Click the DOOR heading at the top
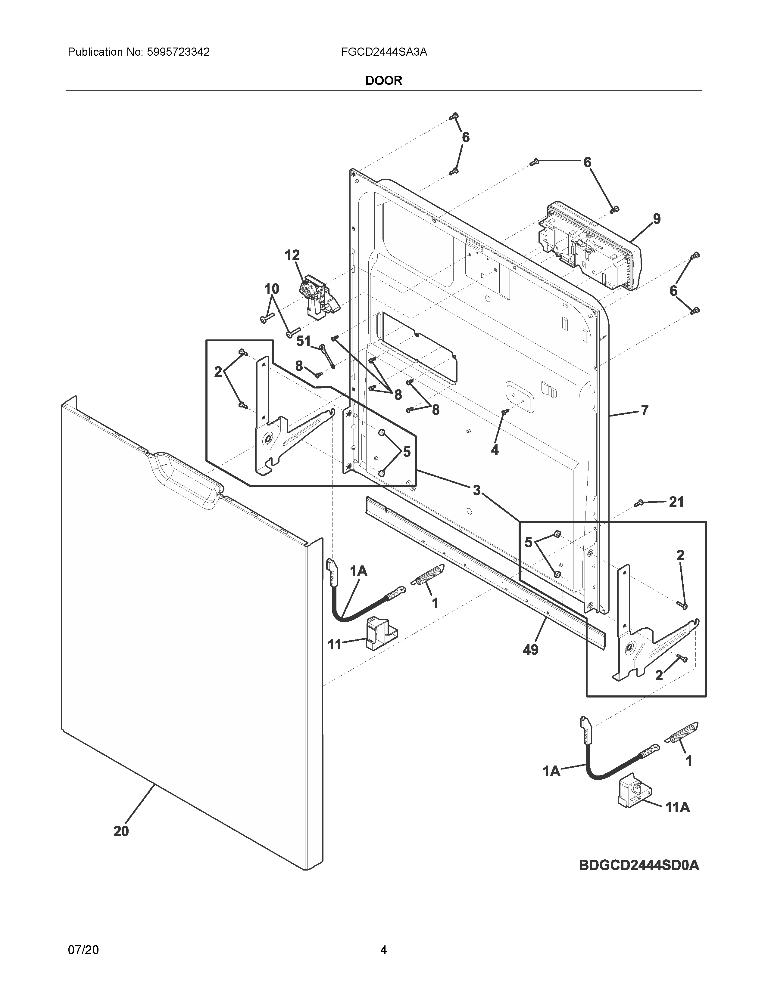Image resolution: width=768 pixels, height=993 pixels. [383, 81]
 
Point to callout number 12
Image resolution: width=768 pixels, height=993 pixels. [292, 255]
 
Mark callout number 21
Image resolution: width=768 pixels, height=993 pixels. [676, 502]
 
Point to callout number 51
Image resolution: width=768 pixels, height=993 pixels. [304, 341]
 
